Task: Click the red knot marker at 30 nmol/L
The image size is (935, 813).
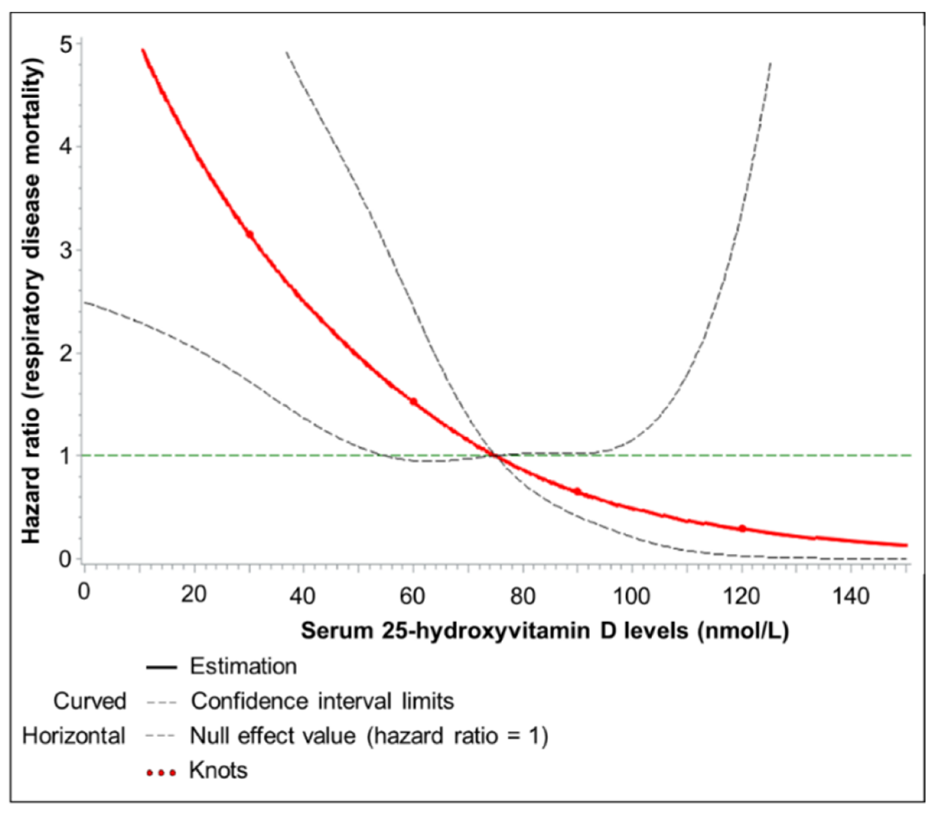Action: tap(249, 234)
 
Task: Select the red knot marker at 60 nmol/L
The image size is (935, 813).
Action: tap(413, 401)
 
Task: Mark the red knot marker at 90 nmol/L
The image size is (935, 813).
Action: tap(577, 491)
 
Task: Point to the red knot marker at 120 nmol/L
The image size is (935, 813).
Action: tap(742, 528)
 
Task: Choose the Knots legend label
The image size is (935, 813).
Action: tap(218, 770)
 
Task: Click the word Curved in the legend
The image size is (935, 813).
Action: tap(90, 702)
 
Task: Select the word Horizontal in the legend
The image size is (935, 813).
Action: tap(74, 736)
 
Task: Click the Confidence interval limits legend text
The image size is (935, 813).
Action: tap(322, 702)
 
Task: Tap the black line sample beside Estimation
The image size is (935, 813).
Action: tap(161, 667)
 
